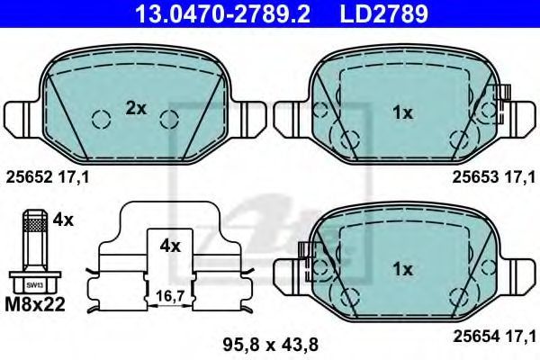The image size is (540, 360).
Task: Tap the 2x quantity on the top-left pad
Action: pos(136,109)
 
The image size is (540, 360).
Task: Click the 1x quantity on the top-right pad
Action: pos(402,112)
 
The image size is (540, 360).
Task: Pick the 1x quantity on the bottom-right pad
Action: pos(402,269)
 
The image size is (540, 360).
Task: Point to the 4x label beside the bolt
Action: pos(62,218)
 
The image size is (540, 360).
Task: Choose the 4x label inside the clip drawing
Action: pos(170,245)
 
